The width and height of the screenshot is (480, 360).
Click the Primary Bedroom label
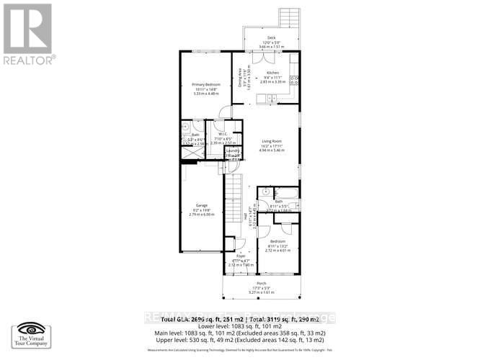point(206,84)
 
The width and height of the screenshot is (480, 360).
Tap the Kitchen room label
point(272,73)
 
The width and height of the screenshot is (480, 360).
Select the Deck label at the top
point(272,37)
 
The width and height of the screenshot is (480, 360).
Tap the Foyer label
point(241,255)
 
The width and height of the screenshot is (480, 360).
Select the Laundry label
point(233,150)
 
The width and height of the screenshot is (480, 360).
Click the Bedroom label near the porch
point(277,241)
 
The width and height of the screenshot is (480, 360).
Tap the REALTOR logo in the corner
point(28,32)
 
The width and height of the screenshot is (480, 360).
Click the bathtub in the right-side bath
point(286,192)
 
